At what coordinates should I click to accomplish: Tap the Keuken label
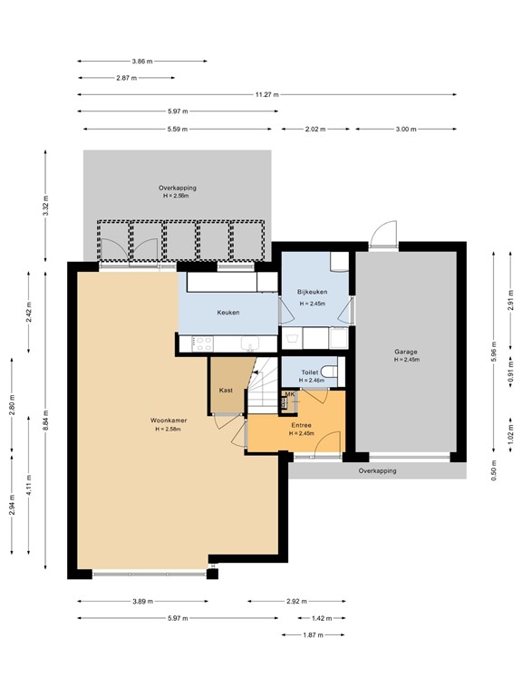(227, 313)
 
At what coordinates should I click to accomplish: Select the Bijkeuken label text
(312, 292)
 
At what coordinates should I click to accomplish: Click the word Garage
(405, 352)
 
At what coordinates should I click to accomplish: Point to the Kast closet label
(227, 390)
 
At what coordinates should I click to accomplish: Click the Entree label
(301, 424)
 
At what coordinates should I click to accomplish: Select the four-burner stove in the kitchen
(200, 343)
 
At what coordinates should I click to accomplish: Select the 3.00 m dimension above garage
(405, 130)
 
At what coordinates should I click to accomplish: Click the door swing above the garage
(383, 234)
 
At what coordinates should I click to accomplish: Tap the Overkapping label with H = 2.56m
(177, 191)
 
